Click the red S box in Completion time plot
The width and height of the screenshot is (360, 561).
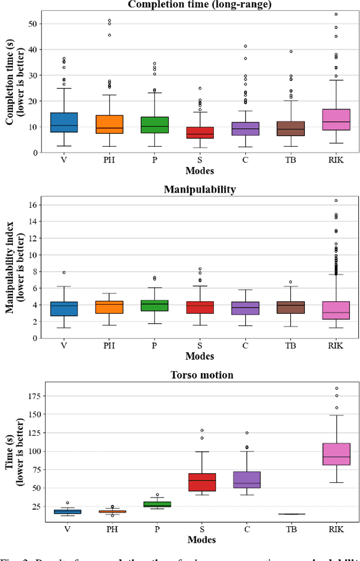(x=200, y=133)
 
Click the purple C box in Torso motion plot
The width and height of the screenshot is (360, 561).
(x=245, y=479)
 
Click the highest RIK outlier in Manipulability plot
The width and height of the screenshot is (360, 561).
(x=335, y=201)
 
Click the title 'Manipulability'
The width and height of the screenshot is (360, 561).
(x=200, y=189)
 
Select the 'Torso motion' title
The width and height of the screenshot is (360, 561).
(x=200, y=375)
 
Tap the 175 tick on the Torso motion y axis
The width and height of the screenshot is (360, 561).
(x=31, y=396)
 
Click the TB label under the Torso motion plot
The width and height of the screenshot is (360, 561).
(x=290, y=530)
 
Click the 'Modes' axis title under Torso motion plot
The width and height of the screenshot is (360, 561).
(x=200, y=540)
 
